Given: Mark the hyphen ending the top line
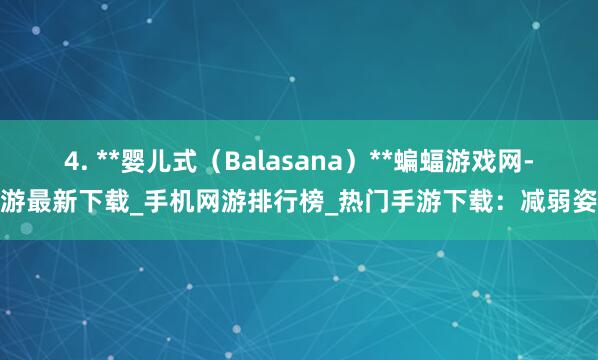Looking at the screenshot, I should [529, 161].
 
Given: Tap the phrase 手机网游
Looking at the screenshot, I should [195, 204].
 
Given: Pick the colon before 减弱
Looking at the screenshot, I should [505, 204].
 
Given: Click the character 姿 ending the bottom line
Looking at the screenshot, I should [586, 204].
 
